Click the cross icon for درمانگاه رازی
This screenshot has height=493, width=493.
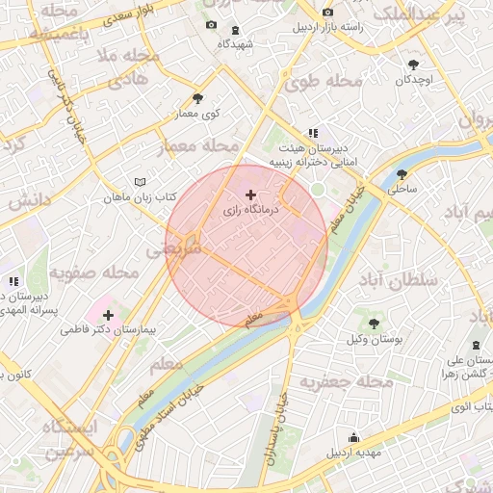[251, 195]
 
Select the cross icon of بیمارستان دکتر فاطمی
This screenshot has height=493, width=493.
[108, 315]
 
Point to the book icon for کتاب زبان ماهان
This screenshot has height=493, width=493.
[141, 182]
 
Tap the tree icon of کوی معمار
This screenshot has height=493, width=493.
[198, 98]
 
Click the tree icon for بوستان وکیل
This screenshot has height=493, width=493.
[374, 324]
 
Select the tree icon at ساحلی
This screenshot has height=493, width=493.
[402, 174]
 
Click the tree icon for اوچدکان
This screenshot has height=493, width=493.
[413, 65]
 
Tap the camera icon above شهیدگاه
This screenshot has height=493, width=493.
[212, 25]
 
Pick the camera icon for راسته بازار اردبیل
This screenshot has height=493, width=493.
[328, 12]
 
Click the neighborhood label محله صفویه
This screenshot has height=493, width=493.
[87, 272]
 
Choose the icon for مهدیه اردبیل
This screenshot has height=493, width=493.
[354, 436]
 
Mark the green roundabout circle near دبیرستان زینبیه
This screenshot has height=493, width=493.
[317, 189]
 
